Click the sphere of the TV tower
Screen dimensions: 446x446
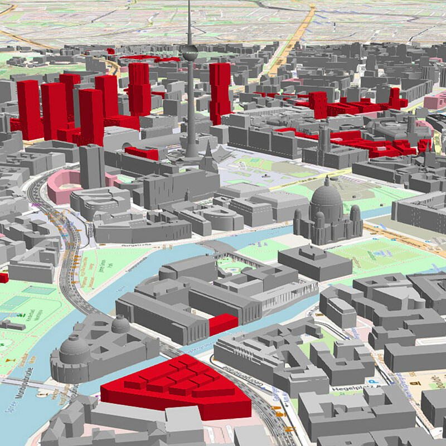tap(189, 53)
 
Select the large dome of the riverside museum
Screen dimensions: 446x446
tap(75, 348)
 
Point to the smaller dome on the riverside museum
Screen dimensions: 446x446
tap(120, 323)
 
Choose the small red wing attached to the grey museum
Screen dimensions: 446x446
tap(223, 323)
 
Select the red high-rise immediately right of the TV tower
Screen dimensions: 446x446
tap(220, 92)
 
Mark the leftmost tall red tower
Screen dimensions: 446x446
tap(29, 109)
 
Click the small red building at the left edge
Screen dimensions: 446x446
tap(3, 277)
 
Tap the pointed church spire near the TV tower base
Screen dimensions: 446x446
tap(209, 153)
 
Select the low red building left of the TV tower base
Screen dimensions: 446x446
tap(142, 152)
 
